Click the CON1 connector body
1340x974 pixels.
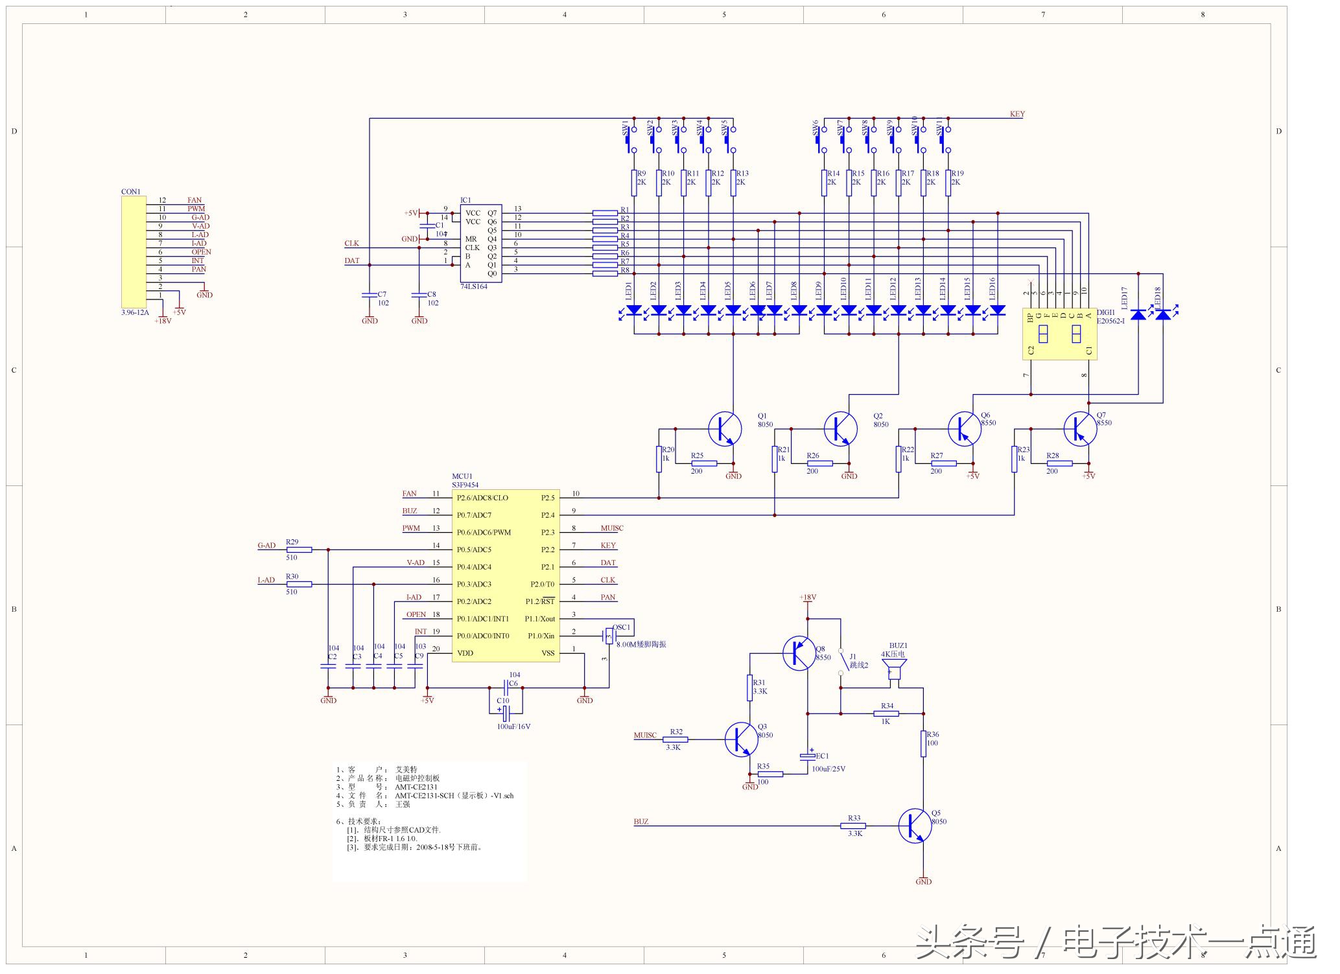[134, 251]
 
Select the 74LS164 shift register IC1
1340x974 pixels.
[480, 243]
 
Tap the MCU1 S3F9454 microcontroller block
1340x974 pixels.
[505, 575]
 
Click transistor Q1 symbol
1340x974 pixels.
[725, 428]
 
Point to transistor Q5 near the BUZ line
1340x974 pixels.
[915, 826]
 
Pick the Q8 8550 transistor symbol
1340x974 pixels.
[799, 653]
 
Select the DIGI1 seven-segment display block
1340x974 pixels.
[1059, 334]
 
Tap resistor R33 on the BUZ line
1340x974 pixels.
[853, 826]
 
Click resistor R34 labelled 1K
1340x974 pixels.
[886, 713]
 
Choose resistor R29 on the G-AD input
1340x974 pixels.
[299, 550]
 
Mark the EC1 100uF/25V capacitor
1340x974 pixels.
[808, 756]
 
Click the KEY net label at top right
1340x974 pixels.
[1017, 114]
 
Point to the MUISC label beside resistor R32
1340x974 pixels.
[645, 736]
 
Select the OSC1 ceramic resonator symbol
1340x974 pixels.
[609, 636]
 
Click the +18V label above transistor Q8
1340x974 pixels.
[808, 597]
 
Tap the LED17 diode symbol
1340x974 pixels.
[1138, 315]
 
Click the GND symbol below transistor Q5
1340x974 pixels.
[923, 881]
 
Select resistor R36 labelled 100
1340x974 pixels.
[923, 743]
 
